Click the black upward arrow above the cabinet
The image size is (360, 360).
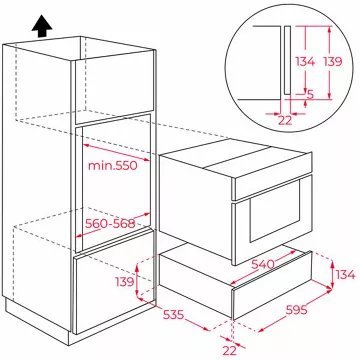(42, 26)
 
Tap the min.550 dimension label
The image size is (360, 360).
(113, 165)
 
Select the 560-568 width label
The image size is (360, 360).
(110, 224)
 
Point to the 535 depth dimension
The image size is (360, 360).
(174, 314)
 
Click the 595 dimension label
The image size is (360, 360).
(296, 310)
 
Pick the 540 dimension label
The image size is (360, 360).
(263, 264)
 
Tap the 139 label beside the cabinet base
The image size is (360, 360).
(125, 282)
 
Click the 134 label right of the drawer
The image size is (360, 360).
(345, 275)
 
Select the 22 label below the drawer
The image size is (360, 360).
(229, 350)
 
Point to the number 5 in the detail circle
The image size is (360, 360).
(310, 95)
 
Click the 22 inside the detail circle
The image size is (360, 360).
(285, 120)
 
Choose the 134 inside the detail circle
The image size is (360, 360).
(305, 61)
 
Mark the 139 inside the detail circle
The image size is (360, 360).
(333, 61)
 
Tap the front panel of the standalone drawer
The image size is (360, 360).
(272, 286)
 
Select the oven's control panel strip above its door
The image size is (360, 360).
(273, 176)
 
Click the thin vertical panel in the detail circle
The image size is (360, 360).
(287, 59)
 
